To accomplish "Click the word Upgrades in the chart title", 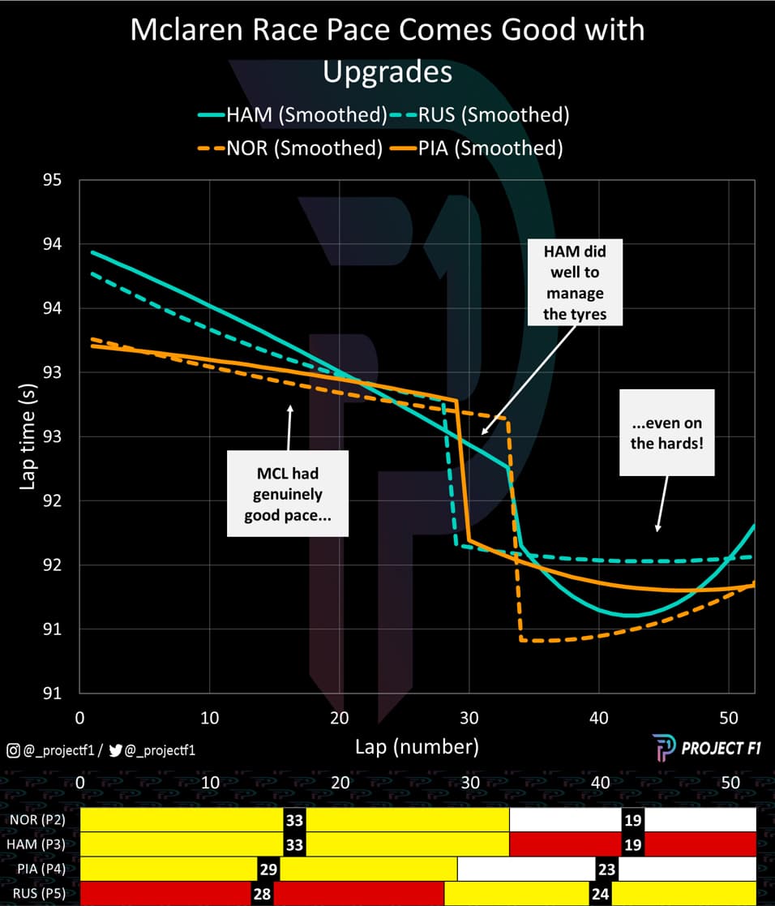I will pyautogui.click(x=387, y=72).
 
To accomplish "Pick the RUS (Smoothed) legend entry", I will pyautogui.click(x=482, y=115).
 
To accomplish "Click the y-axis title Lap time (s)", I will pyautogui.click(x=27, y=436).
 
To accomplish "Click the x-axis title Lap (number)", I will pyautogui.click(x=416, y=746).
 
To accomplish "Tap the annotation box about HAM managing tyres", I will pyautogui.click(x=574, y=282).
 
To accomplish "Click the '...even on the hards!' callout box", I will pyautogui.click(x=666, y=432).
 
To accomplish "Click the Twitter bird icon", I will pyautogui.click(x=115, y=751).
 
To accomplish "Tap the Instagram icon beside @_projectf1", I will pyautogui.click(x=12, y=751).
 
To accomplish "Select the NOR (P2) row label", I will pyautogui.click(x=38, y=820).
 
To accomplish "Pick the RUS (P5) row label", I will pyautogui.click(x=38, y=894).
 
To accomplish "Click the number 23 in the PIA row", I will pyautogui.click(x=606, y=870).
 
